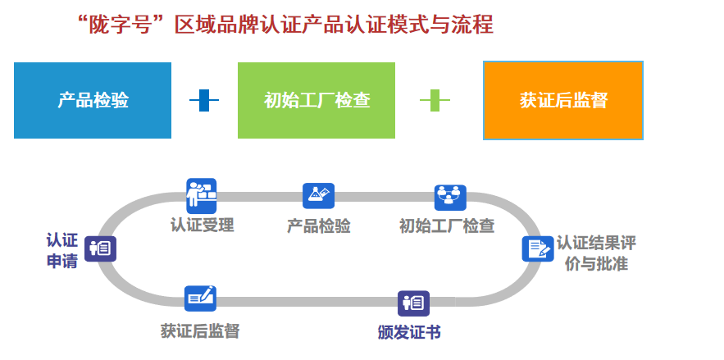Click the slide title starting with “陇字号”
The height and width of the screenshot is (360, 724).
coord(285,25)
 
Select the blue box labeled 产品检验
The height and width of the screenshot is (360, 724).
coord(93,100)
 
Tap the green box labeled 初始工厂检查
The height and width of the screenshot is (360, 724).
coord(316,100)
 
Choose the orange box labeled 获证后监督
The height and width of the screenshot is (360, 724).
coord(562,100)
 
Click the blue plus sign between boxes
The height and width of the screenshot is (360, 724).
coord(204,101)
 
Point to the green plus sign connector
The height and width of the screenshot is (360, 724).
coord(435,101)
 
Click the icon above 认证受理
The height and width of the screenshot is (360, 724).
coord(201,194)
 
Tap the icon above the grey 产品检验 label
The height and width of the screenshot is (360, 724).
coord(318,195)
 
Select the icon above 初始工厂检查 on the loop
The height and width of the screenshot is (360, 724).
coord(449,197)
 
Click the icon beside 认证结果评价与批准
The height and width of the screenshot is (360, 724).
coord(538,248)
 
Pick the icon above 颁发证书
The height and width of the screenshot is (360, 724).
coord(413,303)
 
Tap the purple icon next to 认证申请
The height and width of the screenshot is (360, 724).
coord(100,248)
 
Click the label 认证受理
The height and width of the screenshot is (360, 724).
coord(202,226)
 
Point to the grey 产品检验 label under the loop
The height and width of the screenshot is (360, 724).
coord(318,226)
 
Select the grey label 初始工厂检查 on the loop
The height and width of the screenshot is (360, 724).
coord(446,226)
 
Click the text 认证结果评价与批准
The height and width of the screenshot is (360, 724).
coord(595,253)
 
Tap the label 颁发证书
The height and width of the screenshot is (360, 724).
coord(409,332)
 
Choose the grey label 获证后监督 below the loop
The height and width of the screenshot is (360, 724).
coord(200,331)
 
